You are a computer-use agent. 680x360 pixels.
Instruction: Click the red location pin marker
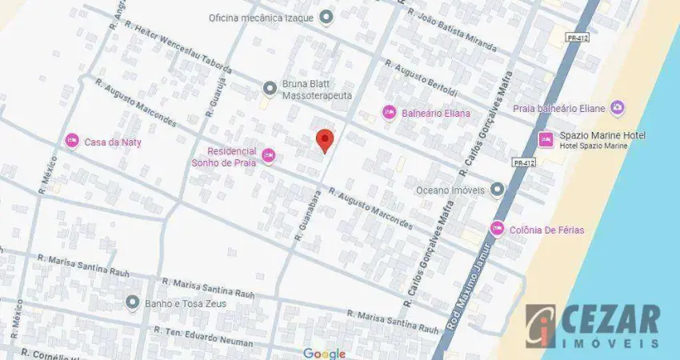click(x=324, y=140)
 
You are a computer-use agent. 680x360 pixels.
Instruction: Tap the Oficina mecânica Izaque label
click(x=261, y=17)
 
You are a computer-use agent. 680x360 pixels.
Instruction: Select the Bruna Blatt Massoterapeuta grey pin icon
click(x=270, y=88)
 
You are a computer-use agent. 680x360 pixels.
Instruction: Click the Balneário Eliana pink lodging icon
click(x=389, y=113)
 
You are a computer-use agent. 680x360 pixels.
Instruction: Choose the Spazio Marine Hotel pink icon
click(x=546, y=140)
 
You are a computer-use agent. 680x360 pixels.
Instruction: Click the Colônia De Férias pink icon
click(x=497, y=230)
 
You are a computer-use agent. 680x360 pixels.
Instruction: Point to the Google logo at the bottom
click(x=324, y=353)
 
